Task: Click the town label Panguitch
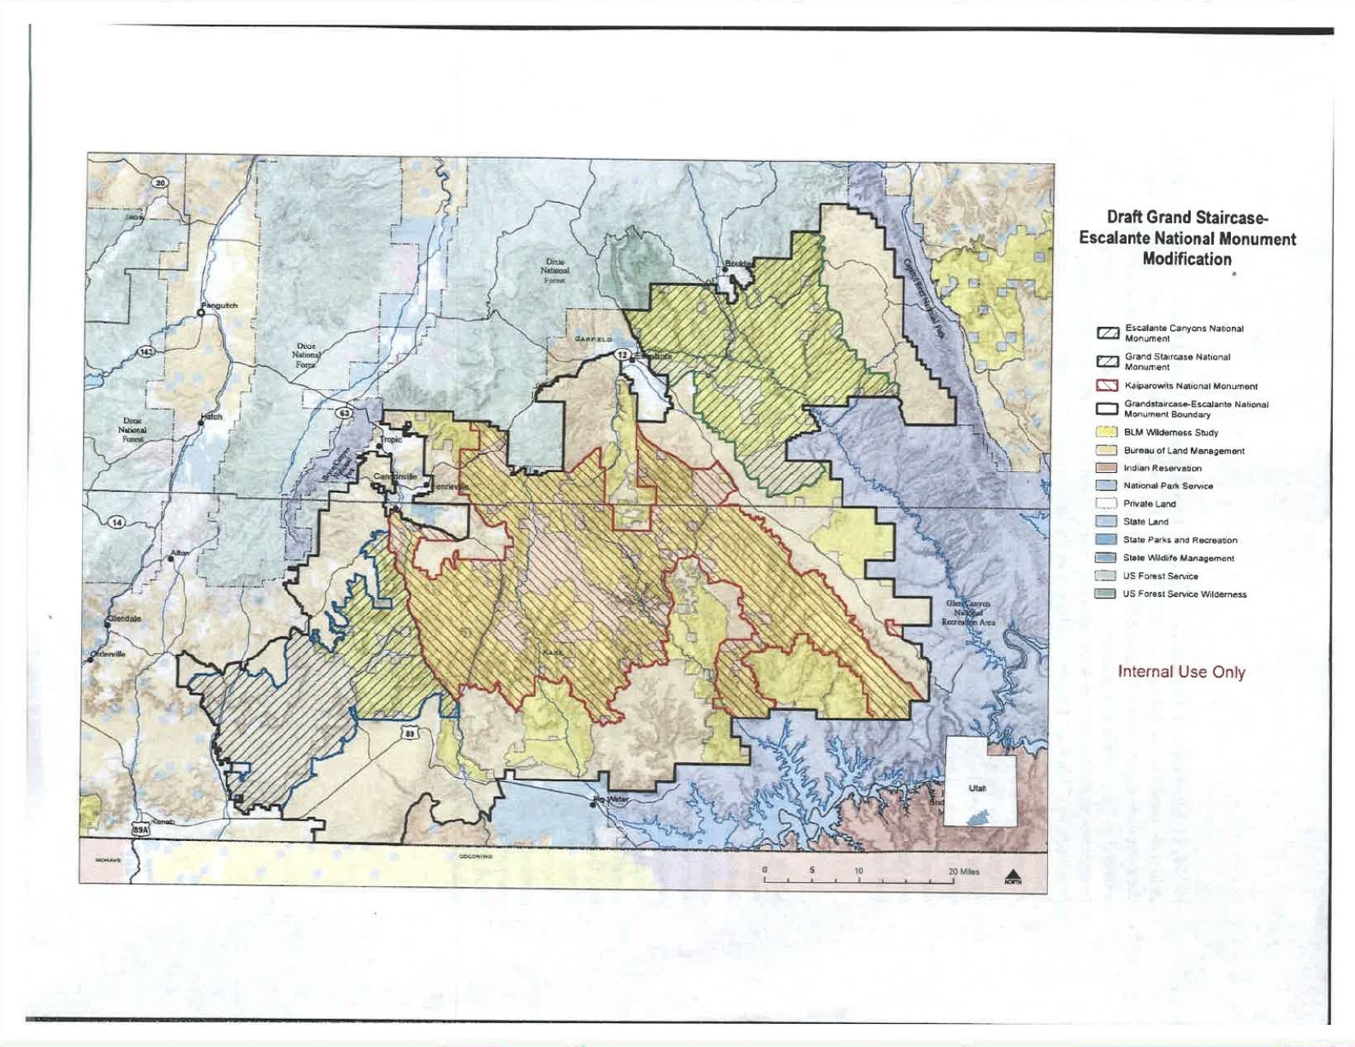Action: [220, 305]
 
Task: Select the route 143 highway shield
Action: [145, 352]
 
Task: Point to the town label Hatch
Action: [211, 417]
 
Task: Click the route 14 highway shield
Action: [116, 522]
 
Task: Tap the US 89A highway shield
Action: [140, 830]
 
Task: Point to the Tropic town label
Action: [392, 439]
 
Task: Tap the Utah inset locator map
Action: [981, 781]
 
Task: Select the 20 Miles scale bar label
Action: [964, 871]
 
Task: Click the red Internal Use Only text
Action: [1181, 672]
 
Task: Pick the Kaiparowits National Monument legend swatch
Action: [1108, 386]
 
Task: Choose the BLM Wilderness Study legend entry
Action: [1170, 433]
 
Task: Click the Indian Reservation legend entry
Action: [1161, 468]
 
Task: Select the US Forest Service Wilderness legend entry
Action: [1183, 594]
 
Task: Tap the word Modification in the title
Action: [1187, 259]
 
